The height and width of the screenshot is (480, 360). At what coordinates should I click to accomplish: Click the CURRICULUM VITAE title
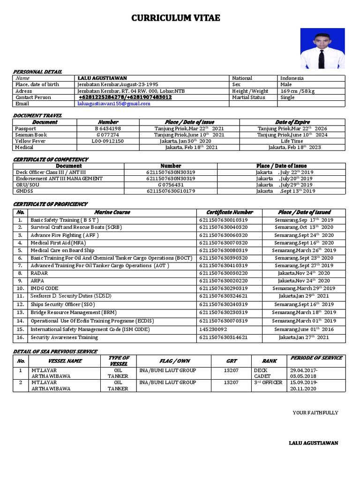pos(175,18)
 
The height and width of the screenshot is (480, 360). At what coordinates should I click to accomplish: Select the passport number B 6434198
pos(108,128)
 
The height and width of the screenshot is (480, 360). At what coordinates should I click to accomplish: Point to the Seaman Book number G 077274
pos(108,135)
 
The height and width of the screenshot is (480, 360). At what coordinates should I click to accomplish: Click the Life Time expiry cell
pos(292,141)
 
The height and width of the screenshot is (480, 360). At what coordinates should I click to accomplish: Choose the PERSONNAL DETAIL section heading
pos(37,72)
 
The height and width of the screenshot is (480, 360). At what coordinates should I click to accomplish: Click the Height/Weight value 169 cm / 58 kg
pos(298,91)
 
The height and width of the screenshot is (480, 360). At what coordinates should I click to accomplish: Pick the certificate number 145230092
pos(213,330)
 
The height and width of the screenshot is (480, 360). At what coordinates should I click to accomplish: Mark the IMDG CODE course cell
pos(45,288)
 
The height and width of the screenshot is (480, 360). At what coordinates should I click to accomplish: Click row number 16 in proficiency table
pos(20,337)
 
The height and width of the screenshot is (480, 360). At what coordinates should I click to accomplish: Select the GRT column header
pos(231,361)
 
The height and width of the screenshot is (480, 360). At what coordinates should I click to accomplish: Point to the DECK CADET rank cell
pos(262,373)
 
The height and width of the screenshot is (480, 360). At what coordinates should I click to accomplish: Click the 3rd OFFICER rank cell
pos(268,382)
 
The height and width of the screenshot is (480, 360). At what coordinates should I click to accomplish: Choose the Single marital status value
pos(287,97)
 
